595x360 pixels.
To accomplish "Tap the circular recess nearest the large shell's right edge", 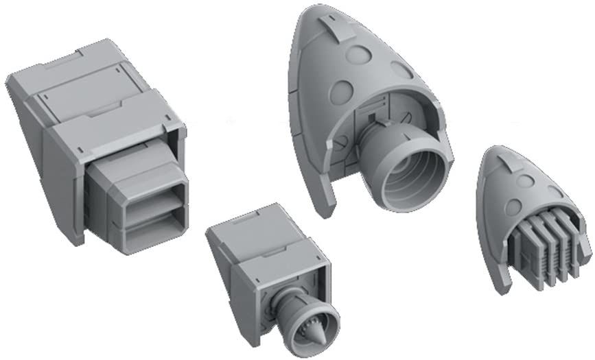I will click(x=402, y=69).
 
